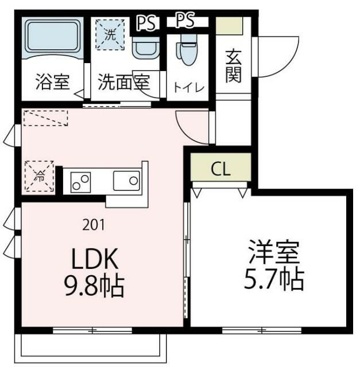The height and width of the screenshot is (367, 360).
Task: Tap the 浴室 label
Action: pos(52,83)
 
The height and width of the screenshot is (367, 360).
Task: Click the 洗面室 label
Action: pos(123,83)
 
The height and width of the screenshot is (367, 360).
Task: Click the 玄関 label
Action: pos(233,65)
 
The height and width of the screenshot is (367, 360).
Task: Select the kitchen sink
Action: pos(126,182)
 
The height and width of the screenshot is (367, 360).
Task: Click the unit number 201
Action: pos(94,225)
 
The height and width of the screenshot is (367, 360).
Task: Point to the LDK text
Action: pos(94,260)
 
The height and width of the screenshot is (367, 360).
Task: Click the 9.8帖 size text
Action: pos(94,285)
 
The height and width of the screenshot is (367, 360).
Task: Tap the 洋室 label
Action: pos(270,253)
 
